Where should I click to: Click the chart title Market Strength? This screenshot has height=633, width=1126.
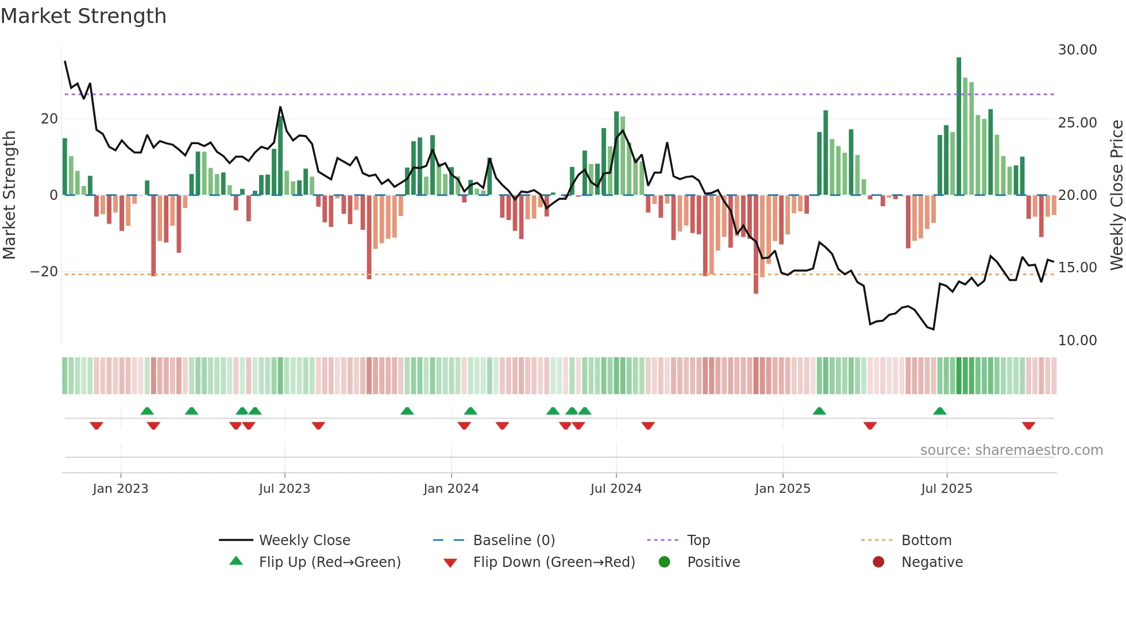(x=83, y=16)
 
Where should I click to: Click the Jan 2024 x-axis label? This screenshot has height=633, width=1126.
(x=451, y=489)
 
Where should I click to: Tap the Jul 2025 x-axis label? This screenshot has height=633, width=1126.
(x=946, y=489)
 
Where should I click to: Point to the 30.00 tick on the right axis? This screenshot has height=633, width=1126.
(x=1077, y=50)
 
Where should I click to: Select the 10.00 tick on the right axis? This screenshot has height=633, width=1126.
(x=1077, y=341)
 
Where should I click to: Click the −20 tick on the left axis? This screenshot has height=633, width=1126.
(x=44, y=272)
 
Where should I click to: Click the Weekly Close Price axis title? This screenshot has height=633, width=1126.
(x=1116, y=195)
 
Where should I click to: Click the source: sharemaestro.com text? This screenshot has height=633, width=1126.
(x=1011, y=450)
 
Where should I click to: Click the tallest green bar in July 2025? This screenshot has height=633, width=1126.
(x=959, y=126)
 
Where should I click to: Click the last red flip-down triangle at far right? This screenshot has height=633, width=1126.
(x=1028, y=426)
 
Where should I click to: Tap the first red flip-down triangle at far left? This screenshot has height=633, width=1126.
(x=97, y=426)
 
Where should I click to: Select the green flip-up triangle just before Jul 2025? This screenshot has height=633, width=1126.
(x=940, y=411)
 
